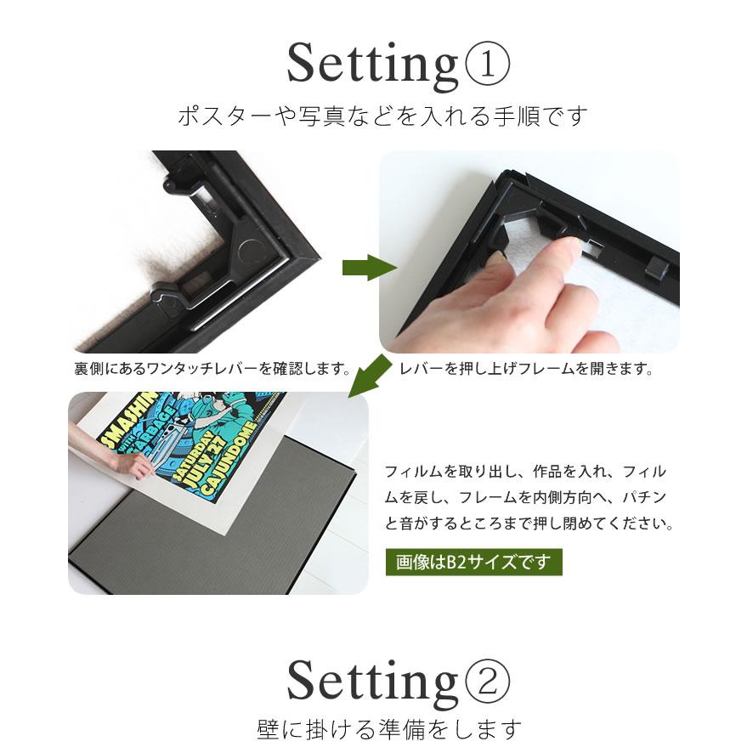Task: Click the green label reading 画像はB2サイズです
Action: pos(473,562)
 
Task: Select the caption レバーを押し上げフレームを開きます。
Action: pos(525,370)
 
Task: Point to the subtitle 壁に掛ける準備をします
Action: pos(388,728)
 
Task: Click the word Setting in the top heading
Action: pos(372,65)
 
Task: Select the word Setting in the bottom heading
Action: pos(372,681)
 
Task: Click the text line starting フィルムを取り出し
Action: pos(525,472)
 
